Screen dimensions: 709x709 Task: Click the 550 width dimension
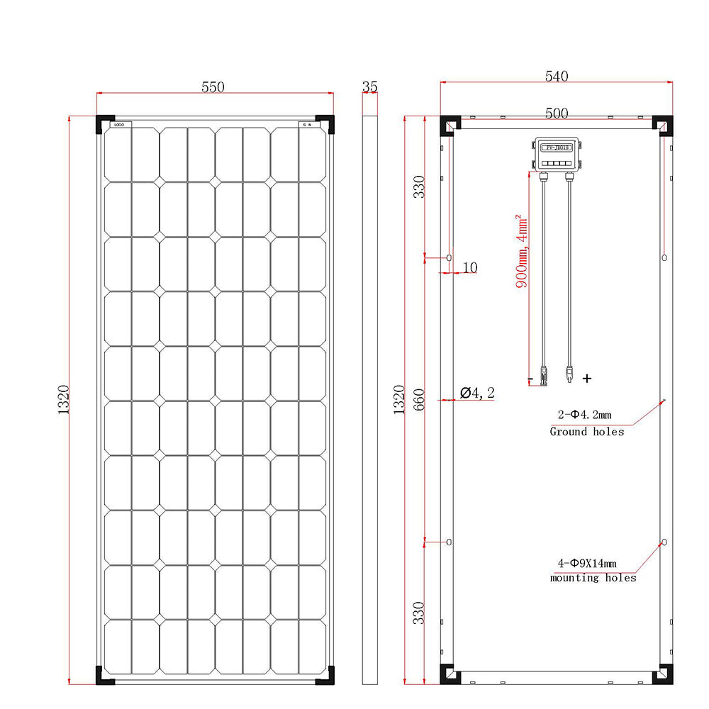point(213,87)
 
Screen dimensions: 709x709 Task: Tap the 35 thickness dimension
point(369,87)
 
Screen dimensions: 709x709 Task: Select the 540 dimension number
point(557,77)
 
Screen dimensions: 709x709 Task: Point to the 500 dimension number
point(557,113)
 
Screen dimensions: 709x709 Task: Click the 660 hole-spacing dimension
point(419,402)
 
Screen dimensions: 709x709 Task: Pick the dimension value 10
point(469,267)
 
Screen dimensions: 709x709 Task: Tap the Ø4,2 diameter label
point(477,393)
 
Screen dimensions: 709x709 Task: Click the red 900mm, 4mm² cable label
point(522,252)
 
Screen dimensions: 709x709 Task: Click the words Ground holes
point(587,431)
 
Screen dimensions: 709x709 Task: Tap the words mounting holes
point(593,578)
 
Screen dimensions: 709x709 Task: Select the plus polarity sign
point(586,379)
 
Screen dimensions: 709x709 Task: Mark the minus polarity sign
point(530,380)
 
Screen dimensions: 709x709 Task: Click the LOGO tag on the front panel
point(119,125)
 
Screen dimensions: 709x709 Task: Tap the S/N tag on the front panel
point(308,125)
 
